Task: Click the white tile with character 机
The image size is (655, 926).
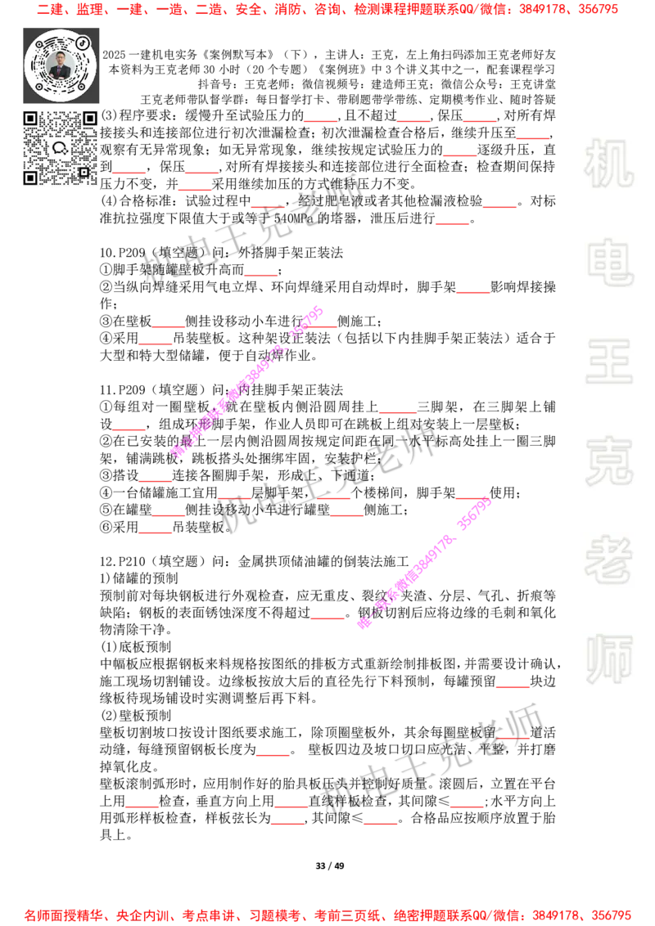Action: pos(608,164)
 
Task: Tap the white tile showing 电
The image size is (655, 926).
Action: pos(612,262)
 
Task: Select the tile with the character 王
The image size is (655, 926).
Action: pos(608,362)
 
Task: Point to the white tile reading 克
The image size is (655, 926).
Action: pos(608,461)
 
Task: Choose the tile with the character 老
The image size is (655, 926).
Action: pos(608,560)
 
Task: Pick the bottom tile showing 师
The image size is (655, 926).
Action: pos(608,661)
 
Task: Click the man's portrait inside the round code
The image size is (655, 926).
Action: pos(60,65)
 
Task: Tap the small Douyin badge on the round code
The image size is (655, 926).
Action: pos(83,41)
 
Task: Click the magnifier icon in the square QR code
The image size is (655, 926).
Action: pos(59,148)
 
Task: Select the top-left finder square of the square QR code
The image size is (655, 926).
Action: pos(30,119)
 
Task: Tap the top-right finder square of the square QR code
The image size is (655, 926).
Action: pos(88,119)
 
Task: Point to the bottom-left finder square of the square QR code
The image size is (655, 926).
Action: pos(30,178)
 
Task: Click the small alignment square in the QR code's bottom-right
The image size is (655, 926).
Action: pos(84,172)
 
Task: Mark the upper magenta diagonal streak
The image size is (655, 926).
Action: pos(247,381)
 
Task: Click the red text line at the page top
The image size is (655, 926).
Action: pos(327,10)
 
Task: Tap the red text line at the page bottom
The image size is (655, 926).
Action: pos(327,915)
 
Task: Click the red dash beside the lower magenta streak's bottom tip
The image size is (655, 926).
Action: pos(327,618)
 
